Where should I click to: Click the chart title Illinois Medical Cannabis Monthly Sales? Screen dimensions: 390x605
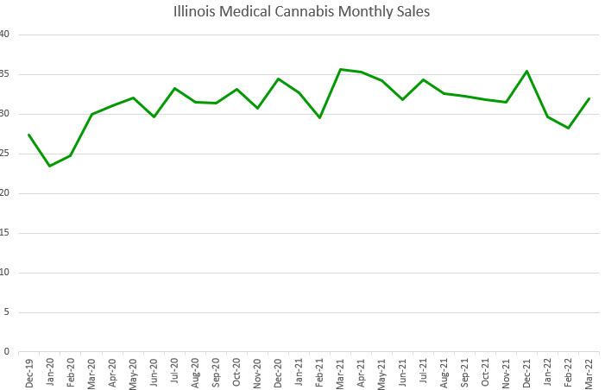(302, 12)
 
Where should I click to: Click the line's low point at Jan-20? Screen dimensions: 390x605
(50, 166)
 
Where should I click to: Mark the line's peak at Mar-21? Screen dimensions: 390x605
(341, 69)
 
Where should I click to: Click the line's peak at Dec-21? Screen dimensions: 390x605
(527, 71)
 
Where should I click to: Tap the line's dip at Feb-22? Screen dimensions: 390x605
(569, 128)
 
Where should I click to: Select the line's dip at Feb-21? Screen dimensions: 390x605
(320, 117)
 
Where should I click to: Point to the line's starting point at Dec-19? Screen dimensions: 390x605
(29, 135)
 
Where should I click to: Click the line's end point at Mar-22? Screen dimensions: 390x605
(589, 98)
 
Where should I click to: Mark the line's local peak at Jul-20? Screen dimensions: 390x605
(175, 88)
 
